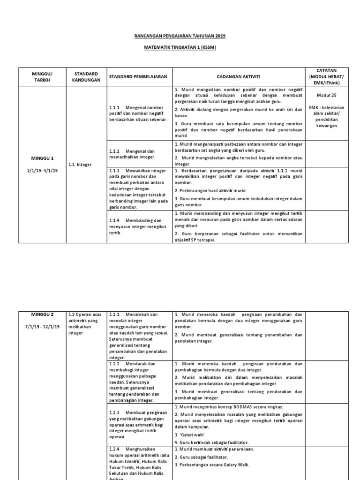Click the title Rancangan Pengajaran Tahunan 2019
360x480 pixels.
[x=180, y=36]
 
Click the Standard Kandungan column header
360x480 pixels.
[x=86, y=77]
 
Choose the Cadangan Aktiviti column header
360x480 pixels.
[x=239, y=77]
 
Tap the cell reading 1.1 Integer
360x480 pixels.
[x=80, y=165]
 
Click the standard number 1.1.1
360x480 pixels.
[x=115, y=107]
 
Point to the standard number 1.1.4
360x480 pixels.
[x=115, y=220]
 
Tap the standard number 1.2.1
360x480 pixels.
[x=115, y=314]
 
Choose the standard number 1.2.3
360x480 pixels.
[x=115, y=412]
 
